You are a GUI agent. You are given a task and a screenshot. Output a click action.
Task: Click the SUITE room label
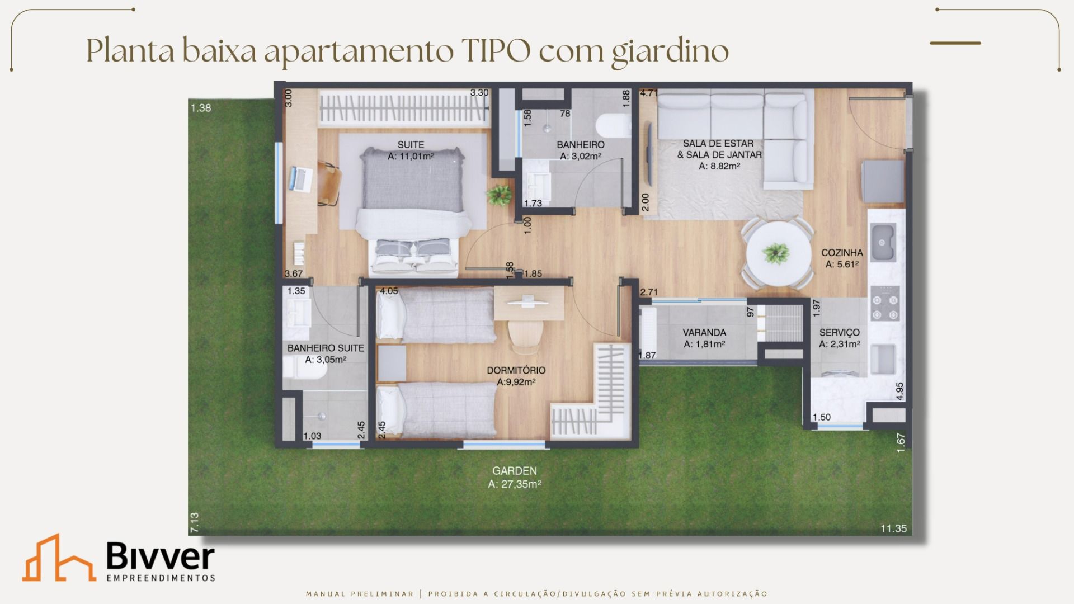coord(411,145)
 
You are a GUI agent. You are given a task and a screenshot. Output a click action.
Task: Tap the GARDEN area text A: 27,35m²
coord(515,484)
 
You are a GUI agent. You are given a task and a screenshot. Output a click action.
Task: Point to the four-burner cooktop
coord(885,304)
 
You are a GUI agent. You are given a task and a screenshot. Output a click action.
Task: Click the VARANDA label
coord(704,333)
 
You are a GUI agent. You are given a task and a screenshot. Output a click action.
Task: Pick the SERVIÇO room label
coord(839,333)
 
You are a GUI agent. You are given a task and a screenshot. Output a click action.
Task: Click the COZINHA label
coord(842,253)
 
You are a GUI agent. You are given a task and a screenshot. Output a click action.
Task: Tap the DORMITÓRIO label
coord(516,370)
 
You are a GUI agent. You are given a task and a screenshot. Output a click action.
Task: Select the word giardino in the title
coord(670,52)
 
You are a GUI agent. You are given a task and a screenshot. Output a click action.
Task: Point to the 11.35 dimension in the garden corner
coord(893,528)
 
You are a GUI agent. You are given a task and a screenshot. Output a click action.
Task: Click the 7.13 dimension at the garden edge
coord(194,522)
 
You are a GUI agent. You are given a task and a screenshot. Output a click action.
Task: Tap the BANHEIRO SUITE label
coord(326,348)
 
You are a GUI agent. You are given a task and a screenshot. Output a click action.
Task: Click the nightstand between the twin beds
coord(392,363)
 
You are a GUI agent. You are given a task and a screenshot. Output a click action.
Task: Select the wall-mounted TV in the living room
coord(649,152)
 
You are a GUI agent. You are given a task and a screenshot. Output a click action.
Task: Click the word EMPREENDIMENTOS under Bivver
coord(161,578)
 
